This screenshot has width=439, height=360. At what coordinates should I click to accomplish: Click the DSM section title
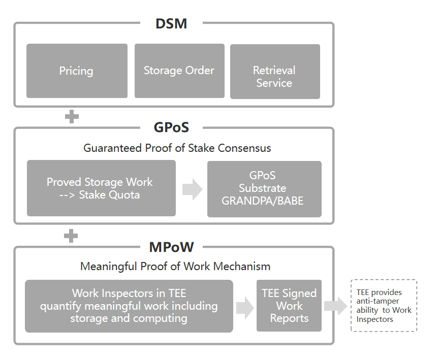pos(171,23)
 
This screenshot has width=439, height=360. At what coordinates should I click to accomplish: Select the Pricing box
pos(77,71)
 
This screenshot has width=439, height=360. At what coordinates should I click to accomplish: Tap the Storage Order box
pos(179,71)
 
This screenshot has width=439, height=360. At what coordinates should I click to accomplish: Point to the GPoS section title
pos(171,127)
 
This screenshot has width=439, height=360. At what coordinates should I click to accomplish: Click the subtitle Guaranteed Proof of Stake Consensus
pos(177,148)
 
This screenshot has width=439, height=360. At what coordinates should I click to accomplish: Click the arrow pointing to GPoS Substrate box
pos(192,189)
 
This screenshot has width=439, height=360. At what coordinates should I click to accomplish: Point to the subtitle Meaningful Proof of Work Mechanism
pos(175,266)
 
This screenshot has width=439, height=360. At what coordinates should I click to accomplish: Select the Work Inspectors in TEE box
pos(129,306)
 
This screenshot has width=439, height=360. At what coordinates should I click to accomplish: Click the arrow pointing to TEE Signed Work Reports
pos(245,307)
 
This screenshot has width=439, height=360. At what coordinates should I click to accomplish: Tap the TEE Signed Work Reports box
pos(289,306)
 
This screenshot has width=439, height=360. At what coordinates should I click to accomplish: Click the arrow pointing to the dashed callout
pos(335,305)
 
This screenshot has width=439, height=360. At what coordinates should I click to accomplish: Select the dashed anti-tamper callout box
pos(384,306)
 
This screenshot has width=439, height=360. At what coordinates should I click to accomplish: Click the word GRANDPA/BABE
pos(263,201)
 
